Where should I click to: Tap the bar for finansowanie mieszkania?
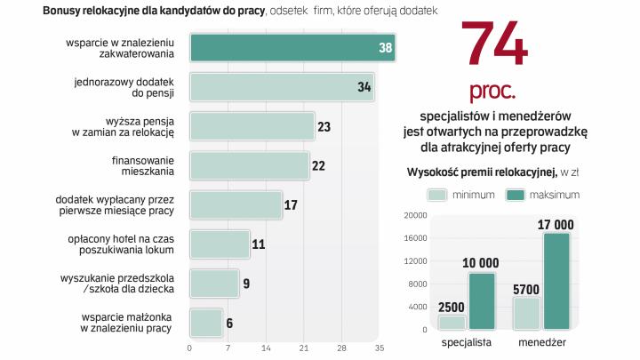[x=250, y=165]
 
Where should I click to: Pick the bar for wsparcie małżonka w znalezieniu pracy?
[x=206, y=322]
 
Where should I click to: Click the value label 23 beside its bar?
[x=324, y=127]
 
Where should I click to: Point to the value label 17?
[x=291, y=205]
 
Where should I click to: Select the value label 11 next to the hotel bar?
[x=259, y=244]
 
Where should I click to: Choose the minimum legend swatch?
[x=436, y=195]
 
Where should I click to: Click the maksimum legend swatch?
[x=515, y=195]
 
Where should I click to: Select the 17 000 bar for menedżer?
[x=556, y=282]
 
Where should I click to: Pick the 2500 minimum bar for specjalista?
[x=452, y=323]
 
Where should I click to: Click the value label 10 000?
[x=481, y=264]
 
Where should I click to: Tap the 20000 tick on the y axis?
[x=416, y=216]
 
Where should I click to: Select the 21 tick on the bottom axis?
[x=303, y=347]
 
